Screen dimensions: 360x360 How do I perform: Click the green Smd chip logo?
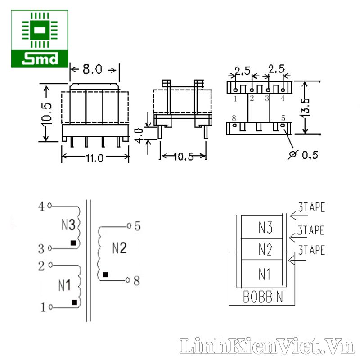point(40,39)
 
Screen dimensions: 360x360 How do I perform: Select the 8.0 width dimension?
point(92,69)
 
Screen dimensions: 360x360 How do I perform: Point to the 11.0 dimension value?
point(94,158)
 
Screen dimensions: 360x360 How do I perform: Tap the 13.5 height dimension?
point(306,107)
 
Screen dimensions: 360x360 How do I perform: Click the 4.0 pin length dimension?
point(139,136)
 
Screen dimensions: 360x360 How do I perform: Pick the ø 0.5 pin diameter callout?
point(303,155)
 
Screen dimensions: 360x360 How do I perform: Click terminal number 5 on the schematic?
point(137,226)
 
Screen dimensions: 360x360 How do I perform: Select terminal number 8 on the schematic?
point(137,280)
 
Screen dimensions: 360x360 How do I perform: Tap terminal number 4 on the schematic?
point(41,206)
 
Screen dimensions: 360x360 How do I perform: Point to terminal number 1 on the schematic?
point(43,307)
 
